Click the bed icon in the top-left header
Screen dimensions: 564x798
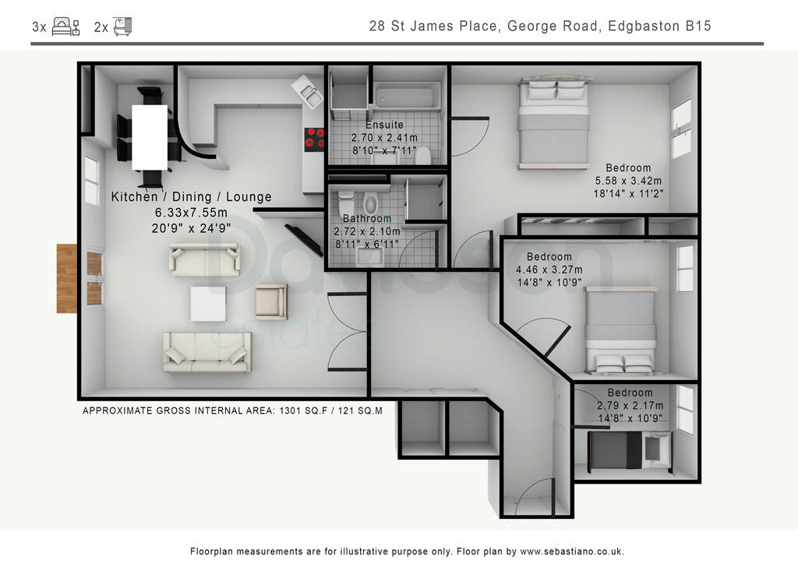pyautogui.click(x=65, y=27)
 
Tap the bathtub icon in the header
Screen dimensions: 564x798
pyautogui.click(x=122, y=27)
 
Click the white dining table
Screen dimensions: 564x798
pyautogui.click(x=150, y=137)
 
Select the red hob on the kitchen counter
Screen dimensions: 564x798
pyautogui.click(x=314, y=138)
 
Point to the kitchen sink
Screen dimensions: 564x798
pyautogui.click(x=309, y=94)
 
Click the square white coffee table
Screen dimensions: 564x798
pyautogui.click(x=208, y=304)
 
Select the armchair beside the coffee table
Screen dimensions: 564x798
pyautogui.click(x=271, y=301)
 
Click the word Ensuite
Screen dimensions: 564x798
pyautogui.click(x=384, y=125)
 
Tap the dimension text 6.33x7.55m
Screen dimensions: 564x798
pyautogui.click(x=190, y=213)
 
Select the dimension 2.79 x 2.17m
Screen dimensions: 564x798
pyautogui.click(x=630, y=405)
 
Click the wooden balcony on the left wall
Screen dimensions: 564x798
pyautogui.click(x=67, y=278)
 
